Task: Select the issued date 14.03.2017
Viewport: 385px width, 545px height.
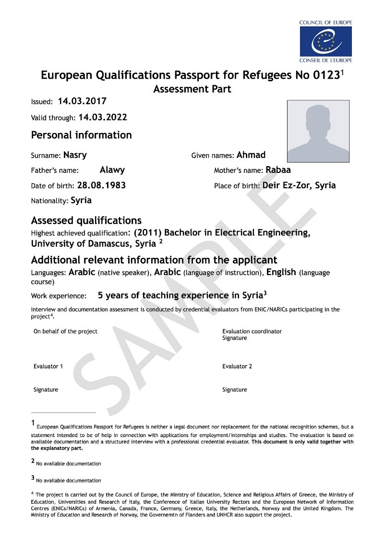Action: coord(82,101)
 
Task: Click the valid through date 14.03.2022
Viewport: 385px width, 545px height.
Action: coord(103,117)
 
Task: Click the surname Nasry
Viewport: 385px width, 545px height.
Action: coord(75,155)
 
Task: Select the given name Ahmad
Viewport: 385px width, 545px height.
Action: coord(251,155)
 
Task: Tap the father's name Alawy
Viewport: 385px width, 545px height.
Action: coord(112,170)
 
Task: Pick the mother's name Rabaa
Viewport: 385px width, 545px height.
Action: coord(278,170)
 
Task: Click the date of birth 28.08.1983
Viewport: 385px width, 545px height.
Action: coord(101,185)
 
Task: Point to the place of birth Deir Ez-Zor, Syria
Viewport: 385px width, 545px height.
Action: coord(299,185)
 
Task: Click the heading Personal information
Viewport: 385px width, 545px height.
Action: coord(81,135)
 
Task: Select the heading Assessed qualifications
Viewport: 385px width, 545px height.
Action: coord(86,220)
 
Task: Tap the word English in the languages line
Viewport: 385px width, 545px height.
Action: coord(281,272)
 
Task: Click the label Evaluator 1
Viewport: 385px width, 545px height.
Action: coord(48,366)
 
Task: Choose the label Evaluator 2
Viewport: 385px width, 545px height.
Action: coord(237,366)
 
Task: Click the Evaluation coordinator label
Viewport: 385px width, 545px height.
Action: coord(252,331)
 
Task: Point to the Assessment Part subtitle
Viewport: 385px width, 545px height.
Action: coord(192,89)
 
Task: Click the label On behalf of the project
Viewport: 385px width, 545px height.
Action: coord(65,331)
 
